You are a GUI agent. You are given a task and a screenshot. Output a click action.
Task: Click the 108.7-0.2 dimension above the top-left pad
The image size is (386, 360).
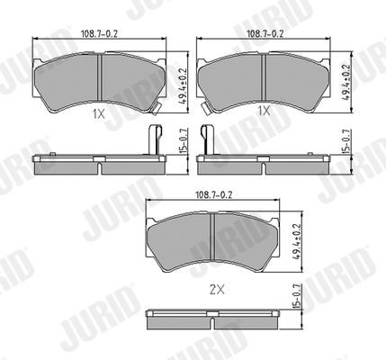click(x=99, y=33)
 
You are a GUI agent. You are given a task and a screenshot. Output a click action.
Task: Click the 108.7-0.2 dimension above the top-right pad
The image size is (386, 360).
click(x=265, y=33)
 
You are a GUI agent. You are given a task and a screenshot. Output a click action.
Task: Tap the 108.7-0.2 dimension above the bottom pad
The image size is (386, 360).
click(x=214, y=195)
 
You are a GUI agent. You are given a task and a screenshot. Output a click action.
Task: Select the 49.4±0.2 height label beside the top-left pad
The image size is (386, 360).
click(x=183, y=85)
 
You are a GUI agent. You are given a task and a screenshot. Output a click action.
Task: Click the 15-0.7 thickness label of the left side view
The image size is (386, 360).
click(x=184, y=141)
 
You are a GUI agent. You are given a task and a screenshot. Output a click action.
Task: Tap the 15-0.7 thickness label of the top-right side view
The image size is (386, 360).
click(x=348, y=141)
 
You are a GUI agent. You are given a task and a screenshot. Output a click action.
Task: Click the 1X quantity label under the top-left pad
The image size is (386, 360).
click(x=99, y=114)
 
